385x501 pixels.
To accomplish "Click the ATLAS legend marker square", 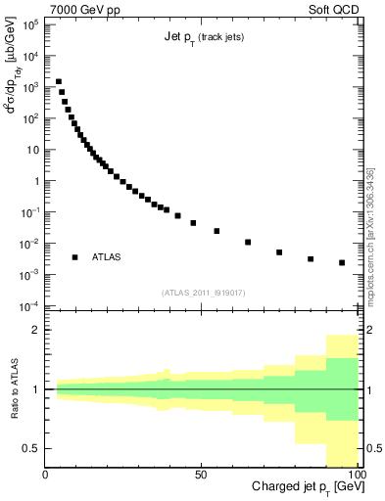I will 74,257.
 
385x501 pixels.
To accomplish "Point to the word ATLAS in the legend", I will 108,257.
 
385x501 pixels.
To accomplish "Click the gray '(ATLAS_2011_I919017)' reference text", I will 203,292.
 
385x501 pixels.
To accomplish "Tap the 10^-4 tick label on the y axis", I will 29,306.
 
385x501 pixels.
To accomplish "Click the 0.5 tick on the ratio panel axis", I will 31,448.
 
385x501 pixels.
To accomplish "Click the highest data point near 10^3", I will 59,82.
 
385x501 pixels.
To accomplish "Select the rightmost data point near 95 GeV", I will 342,262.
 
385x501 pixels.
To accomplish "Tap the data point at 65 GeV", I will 248,242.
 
